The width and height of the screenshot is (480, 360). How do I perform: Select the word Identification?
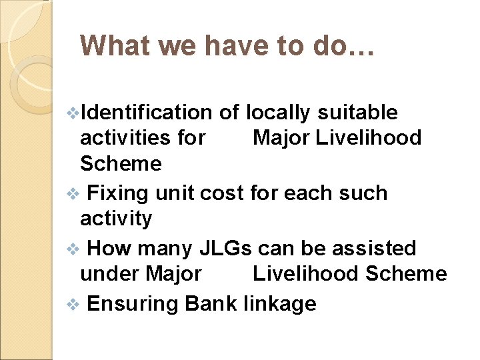148,113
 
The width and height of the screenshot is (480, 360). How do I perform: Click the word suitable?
357,113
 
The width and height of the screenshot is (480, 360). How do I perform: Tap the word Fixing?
117,193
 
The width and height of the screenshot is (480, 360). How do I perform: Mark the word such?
364,193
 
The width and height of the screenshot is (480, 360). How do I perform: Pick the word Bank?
211,304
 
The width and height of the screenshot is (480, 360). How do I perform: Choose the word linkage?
279,305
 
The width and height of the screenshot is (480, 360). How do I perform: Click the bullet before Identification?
73,113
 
